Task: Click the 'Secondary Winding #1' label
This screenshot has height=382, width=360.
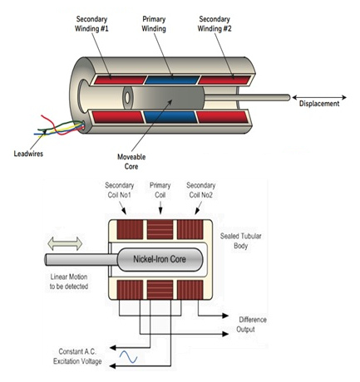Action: pyautogui.click(x=91, y=24)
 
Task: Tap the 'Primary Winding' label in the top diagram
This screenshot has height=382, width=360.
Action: pyautogui.click(x=154, y=24)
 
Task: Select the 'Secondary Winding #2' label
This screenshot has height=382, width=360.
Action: pyautogui.click(x=215, y=24)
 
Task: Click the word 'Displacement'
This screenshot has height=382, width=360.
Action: pyautogui.click(x=319, y=104)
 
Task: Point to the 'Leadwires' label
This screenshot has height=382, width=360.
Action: pyautogui.click(x=28, y=154)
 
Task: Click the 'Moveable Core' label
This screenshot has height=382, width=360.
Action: pyautogui.click(x=131, y=162)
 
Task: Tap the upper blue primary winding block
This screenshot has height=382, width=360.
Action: pyautogui.click(x=172, y=80)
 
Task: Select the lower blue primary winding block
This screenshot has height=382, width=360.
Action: pyautogui.click(x=170, y=117)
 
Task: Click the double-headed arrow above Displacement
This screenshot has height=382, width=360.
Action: pyautogui.click(x=319, y=97)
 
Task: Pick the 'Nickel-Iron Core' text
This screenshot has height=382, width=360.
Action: pyautogui.click(x=160, y=259)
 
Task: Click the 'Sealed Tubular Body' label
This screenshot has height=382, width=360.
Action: pyautogui.click(x=240, y=241)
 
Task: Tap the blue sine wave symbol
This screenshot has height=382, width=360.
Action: pyautogui.click(x=128, y=357)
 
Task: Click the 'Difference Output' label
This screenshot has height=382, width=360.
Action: pyautogui.click(x=251, y=325)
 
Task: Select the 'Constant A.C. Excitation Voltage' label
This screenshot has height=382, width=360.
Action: pyautogui.click(x=77, y=356)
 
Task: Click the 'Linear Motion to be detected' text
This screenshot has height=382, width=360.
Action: pyautogui.click(x=69, y=282)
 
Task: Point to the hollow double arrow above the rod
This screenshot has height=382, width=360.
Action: pyautogui.click(x=65, y=243)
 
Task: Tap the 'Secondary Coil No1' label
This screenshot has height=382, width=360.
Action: pyautogui.click(x=120, y=190)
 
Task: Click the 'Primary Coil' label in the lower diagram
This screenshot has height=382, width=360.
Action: pyautogui.click(x=160, y=190)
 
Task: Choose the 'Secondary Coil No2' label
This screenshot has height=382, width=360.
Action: pyautogui.click(x=201, y=190)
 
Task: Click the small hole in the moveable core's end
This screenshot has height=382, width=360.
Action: pyautogui.click(x=127, y=97)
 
